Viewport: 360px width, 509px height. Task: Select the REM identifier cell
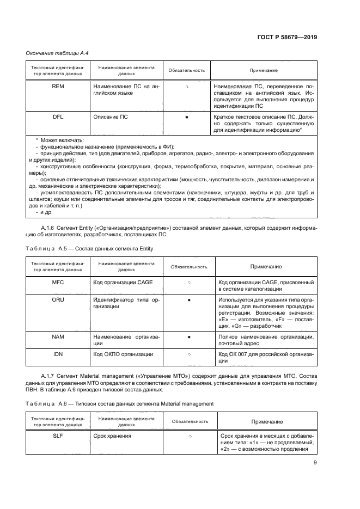click(57, 87)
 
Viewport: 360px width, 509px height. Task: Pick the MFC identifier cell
click(58, 283)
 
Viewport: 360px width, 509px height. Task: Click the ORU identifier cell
click(58, 300)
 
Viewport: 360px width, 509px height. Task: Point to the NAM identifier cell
click(58, 337)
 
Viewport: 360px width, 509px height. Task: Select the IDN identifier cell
click(58, 354)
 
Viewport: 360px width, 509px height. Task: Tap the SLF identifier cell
click(58, 436)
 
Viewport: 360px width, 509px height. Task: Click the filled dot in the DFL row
click(187, 117)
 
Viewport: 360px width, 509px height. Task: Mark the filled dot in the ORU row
click(188, 300)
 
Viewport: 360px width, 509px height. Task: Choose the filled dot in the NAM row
click(188, 337)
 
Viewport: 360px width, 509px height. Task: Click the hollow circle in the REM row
click(187, 87)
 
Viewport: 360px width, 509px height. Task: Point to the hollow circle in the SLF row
click(188, 437)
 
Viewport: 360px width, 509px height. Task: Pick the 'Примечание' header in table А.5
click(266, 266)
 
